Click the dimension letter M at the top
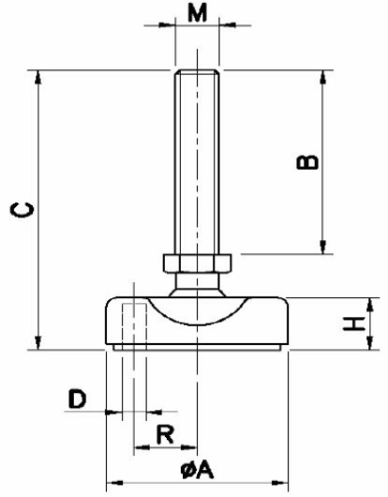point(197,13)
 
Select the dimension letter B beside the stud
point(307,162)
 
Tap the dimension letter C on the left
point(22,210)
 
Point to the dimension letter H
point(354,324)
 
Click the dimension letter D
point(77,399)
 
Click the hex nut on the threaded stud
point(198,264)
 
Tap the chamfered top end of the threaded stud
point(197,72)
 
